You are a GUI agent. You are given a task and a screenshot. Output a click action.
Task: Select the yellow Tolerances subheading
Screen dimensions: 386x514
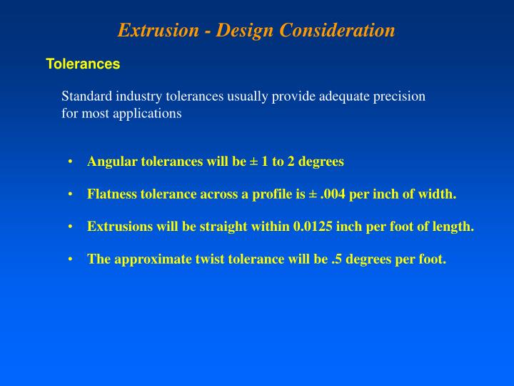(x=83, y=64)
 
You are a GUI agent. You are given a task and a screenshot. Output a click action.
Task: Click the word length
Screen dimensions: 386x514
(x=455, y=227)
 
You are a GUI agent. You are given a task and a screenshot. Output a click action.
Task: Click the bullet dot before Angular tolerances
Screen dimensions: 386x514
(x=71, y=162)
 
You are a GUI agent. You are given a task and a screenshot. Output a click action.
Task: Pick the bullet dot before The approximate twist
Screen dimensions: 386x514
(x=71, y=259)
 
